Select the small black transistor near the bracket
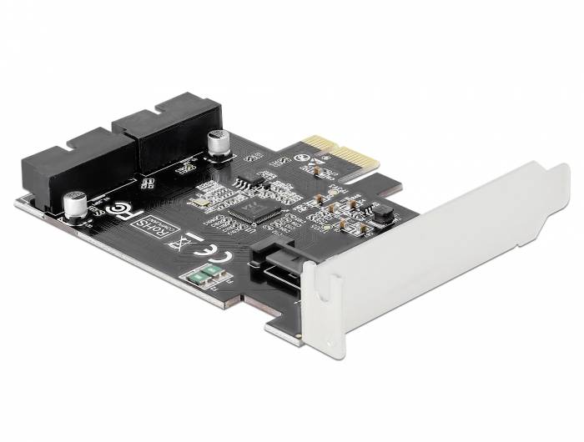click(383, 214)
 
